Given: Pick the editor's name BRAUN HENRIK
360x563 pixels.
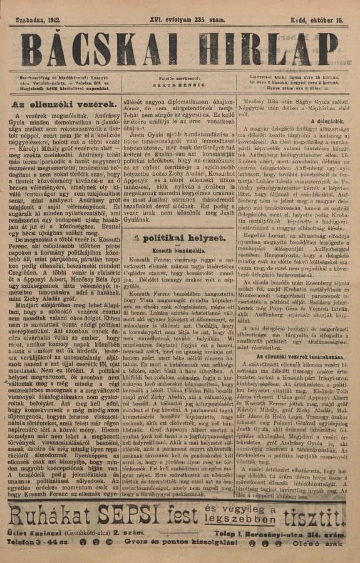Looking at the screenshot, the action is (x=179, y=83).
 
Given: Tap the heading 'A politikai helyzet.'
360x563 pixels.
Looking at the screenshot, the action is (x=178, y=238).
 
